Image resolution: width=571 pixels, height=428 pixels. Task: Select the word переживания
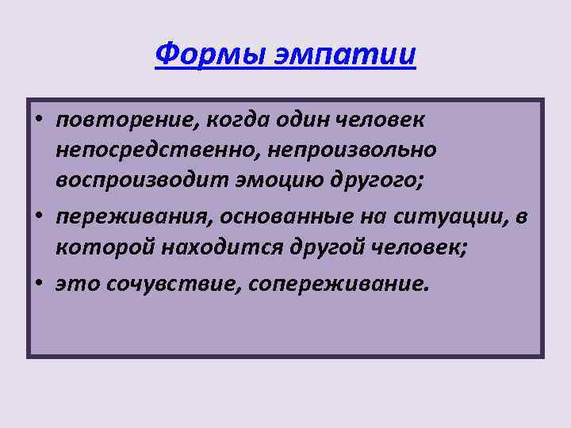[x=131, y=216]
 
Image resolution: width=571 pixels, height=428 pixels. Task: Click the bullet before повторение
[x=38, y=121]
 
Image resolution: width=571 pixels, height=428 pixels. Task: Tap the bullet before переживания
[x=38, y=216]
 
